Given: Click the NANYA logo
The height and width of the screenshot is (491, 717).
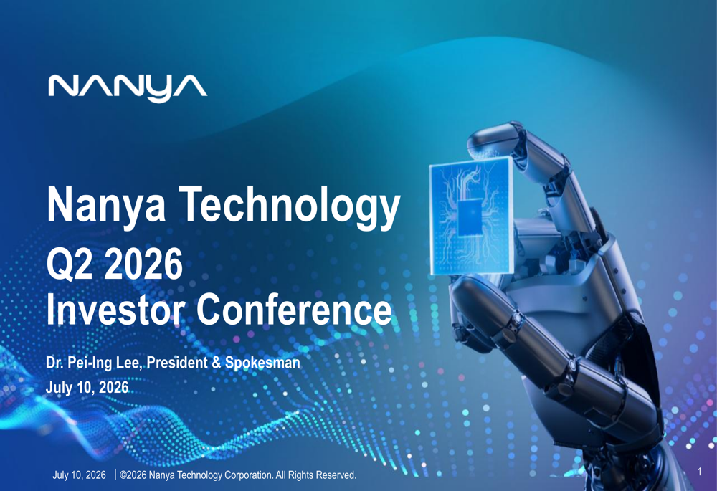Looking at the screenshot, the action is pos(128,87).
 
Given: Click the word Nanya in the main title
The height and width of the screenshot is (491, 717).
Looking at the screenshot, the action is pos(105,205).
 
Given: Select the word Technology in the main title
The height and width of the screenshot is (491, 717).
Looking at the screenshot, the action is pos(290,206).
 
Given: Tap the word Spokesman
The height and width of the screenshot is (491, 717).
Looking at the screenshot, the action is pos(262,363).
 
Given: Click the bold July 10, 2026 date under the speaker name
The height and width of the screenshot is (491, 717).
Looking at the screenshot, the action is pos(87,388).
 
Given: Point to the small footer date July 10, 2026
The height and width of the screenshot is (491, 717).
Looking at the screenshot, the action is pos(79,475).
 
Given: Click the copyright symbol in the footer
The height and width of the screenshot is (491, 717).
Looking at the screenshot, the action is pos(123,475).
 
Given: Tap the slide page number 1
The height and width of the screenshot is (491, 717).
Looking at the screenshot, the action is pos(700,472).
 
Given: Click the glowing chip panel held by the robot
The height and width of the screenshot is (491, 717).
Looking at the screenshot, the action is pos(471,216).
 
